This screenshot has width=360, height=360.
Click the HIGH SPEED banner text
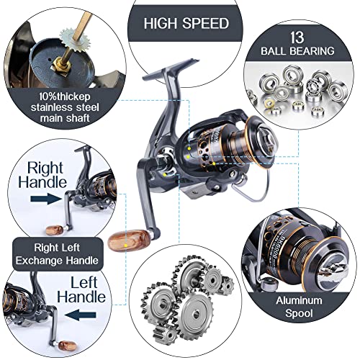186,23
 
